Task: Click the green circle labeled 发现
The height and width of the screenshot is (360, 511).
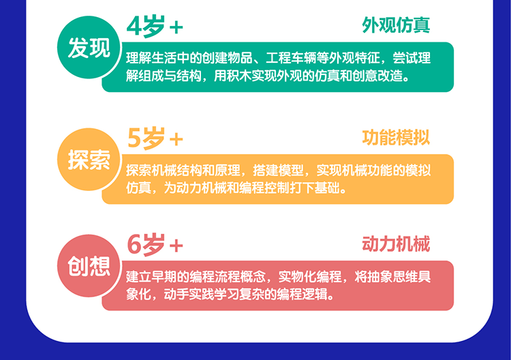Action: [89, 47]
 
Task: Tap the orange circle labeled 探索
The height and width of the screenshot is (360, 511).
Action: [89, 160]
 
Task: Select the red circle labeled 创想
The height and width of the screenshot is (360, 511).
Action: [89, 266]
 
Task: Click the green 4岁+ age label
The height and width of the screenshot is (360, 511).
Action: [155, 26]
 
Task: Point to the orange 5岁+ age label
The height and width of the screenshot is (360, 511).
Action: [155, 138]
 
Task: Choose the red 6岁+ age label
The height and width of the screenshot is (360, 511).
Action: [155, 244]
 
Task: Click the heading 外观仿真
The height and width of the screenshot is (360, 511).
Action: [396, 25]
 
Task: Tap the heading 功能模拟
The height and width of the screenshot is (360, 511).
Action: [396, 137]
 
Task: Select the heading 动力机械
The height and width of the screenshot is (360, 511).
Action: [396, 243]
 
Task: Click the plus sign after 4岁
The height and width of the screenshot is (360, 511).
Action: [176, 27]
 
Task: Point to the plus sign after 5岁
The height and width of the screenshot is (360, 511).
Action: [176, 140]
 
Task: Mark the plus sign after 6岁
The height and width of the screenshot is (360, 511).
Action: [176, 246]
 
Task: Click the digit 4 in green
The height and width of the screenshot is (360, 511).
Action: [134, 26]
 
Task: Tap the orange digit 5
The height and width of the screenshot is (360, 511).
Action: [134, 138]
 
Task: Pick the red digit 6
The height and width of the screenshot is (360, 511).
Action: [134, 244]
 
